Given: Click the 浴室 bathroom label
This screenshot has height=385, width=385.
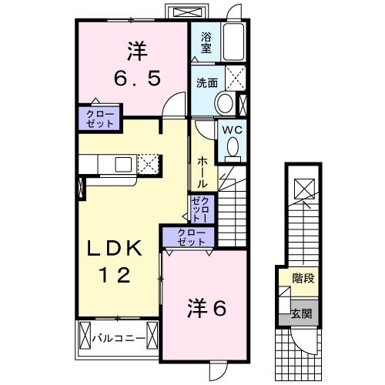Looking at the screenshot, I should [x=206, y=42].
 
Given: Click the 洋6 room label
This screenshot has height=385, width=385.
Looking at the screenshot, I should [x=206, y=309].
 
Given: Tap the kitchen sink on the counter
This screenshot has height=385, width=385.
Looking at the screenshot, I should [x=123, y=164].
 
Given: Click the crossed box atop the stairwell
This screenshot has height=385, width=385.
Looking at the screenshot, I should [x=303, y=186].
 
